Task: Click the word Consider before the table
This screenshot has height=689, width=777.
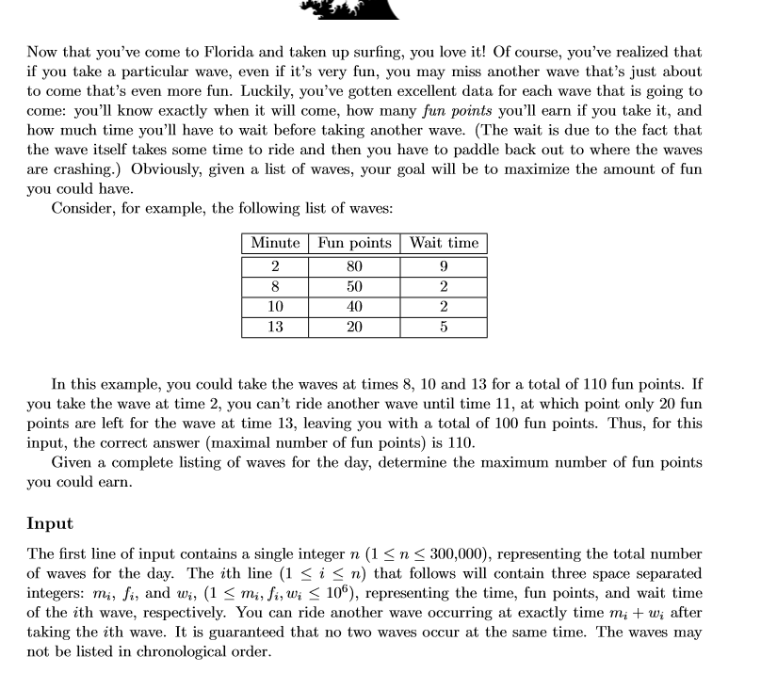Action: (x=82, y=209)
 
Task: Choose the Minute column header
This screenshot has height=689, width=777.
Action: (x=275, y=243)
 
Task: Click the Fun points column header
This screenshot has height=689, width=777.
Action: (x=354, y=243)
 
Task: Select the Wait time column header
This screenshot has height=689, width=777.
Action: (x=444, y=243)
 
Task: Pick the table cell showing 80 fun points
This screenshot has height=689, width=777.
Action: (x=354, y=266)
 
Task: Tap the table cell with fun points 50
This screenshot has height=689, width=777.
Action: (x=354, y=287)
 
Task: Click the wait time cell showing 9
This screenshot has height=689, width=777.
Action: (x=444, y=266)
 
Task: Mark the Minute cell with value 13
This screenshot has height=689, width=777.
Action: (x=275, y=327)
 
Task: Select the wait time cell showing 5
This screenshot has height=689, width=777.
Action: (x=444, y=327)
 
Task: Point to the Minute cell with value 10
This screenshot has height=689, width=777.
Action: (x=275, y=307)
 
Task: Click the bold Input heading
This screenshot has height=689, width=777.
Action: (x=50, y=523)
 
